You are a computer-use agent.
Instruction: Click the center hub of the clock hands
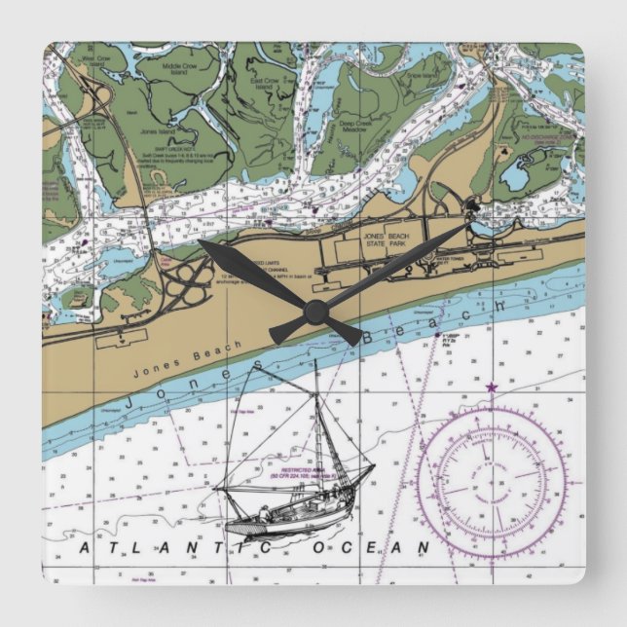[313, 312]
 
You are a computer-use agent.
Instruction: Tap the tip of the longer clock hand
[473, 223]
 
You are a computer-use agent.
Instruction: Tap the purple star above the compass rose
[491, 387]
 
